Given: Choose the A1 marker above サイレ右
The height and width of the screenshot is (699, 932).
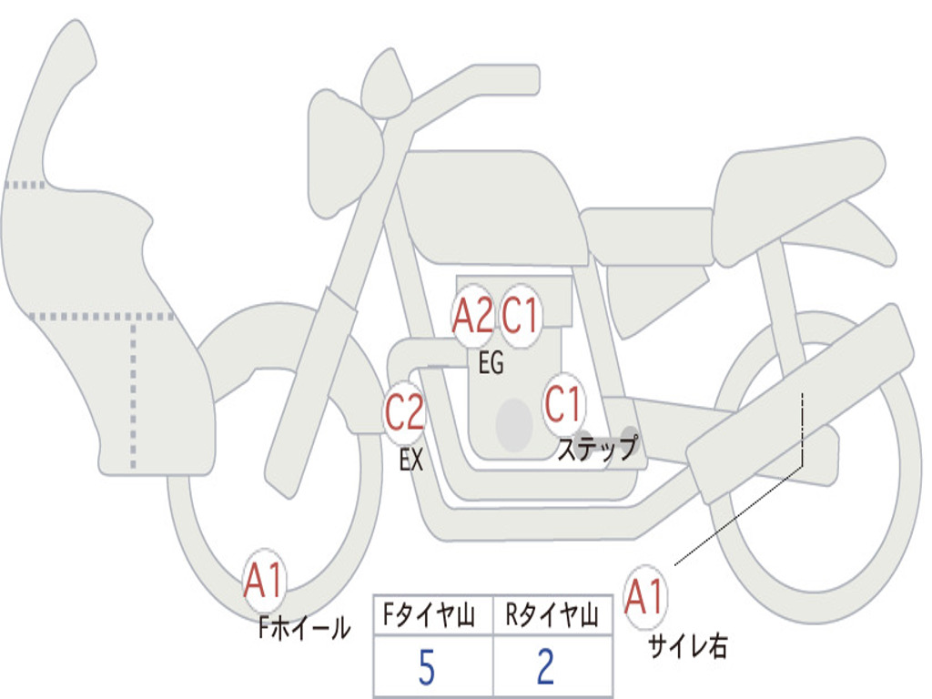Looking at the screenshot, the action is click(645, 597).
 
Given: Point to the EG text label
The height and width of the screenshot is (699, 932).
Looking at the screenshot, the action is click(491, 364).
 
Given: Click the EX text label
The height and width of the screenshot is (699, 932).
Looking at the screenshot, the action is click(411, 461).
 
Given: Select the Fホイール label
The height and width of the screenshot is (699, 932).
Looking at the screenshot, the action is click(303, 627).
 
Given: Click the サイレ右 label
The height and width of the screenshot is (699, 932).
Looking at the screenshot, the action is click(687, 646).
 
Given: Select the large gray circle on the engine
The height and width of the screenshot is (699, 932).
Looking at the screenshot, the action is click(513, 423).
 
